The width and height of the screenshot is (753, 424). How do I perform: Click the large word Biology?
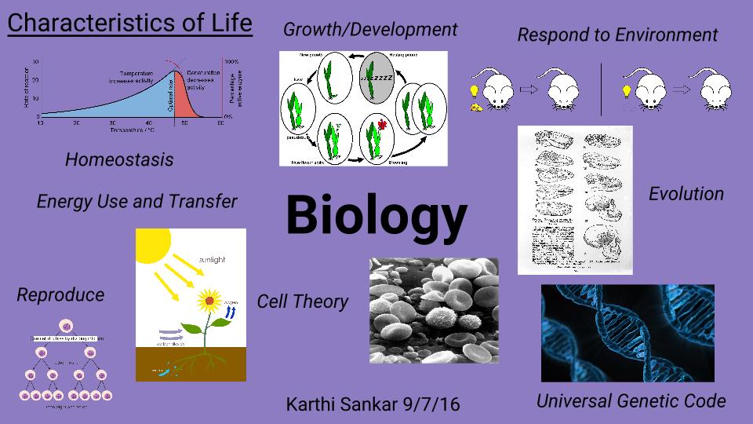[x=376, y=215]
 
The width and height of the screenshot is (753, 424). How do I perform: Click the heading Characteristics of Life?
[x=129, y=23]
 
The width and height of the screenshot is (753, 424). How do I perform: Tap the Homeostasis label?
[x=119, y=159]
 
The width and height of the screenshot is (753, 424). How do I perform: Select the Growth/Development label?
[x=369, y=30]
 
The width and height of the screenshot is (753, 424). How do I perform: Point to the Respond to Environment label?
[x=617, y=35]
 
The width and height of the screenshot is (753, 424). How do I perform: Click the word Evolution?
[x=686, y=194]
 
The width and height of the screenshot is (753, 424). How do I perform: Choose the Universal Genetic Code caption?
[x=631, y=401]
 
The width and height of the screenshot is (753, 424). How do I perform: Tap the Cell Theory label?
[x=302, y=302]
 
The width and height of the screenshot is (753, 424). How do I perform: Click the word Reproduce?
[x=60, y=295]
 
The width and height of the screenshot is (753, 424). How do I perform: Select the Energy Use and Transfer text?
[x=136, y=202]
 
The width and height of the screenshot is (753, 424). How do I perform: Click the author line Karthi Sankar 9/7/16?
[x=373, y=405]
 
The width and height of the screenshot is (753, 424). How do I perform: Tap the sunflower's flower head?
[x=209, y=299]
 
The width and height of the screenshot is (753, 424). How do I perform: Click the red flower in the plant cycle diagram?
[x=383, y=124]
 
